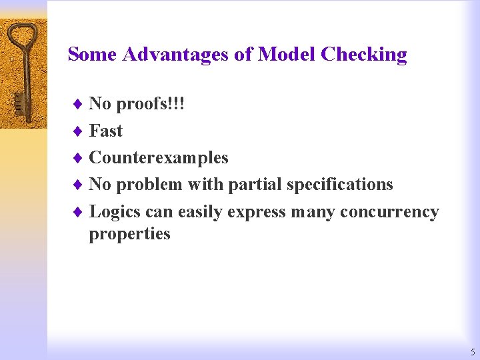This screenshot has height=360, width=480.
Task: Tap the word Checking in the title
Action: pyautogui.click(x=363, y=55)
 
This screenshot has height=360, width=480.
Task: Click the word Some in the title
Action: pyautogui.click(x=93, y=54)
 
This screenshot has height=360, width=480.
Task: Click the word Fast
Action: pyautogui.click(x=106, y=131)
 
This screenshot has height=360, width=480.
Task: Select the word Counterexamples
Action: pyautogui.click(x=159, y=157)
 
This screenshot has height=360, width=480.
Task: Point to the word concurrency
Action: pyautogui.click(x=389, y=212)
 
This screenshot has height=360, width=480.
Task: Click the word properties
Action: pyautogui.click(x=130, y=234)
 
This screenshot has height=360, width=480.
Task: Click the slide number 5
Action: pyautogui.click(x=472, y=351)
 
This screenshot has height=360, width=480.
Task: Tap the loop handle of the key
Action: pyautogui.click(x=23, y=34)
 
